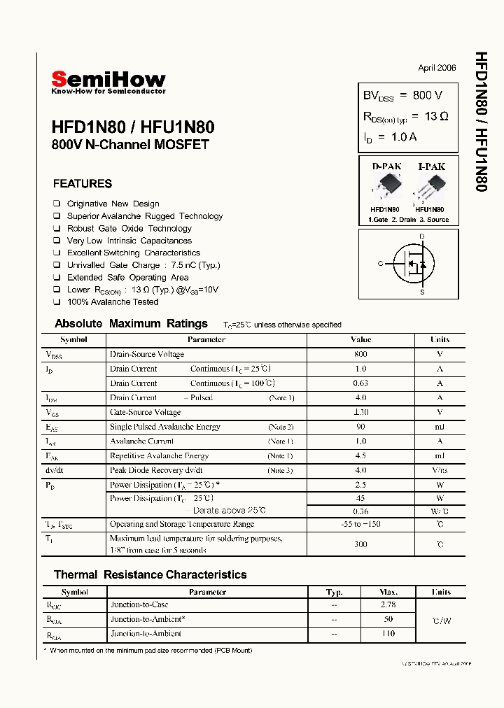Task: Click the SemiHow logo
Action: [108, 81]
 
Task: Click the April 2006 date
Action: [437, 68]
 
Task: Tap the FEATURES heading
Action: [83, 184]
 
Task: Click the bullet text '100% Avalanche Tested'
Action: [113, 302]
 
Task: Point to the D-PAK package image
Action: [385, 187]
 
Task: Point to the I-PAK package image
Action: [430, 187]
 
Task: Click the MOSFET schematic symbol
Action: [416, 264]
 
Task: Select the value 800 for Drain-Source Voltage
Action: [360, 355]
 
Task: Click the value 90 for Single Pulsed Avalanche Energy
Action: [360, 427]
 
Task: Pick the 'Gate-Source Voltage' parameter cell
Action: [145, 413]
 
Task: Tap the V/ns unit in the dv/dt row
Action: [440, 470]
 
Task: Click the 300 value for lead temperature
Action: [360, 544]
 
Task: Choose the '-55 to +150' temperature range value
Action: [360, 524]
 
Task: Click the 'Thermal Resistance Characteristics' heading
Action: [150, 575]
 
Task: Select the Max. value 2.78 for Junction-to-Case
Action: [388, 604]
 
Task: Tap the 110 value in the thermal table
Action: [388, 634]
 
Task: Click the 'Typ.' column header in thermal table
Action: [335, 592]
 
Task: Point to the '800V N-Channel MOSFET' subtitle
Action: [130, 146]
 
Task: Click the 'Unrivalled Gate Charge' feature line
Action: [143, 265]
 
